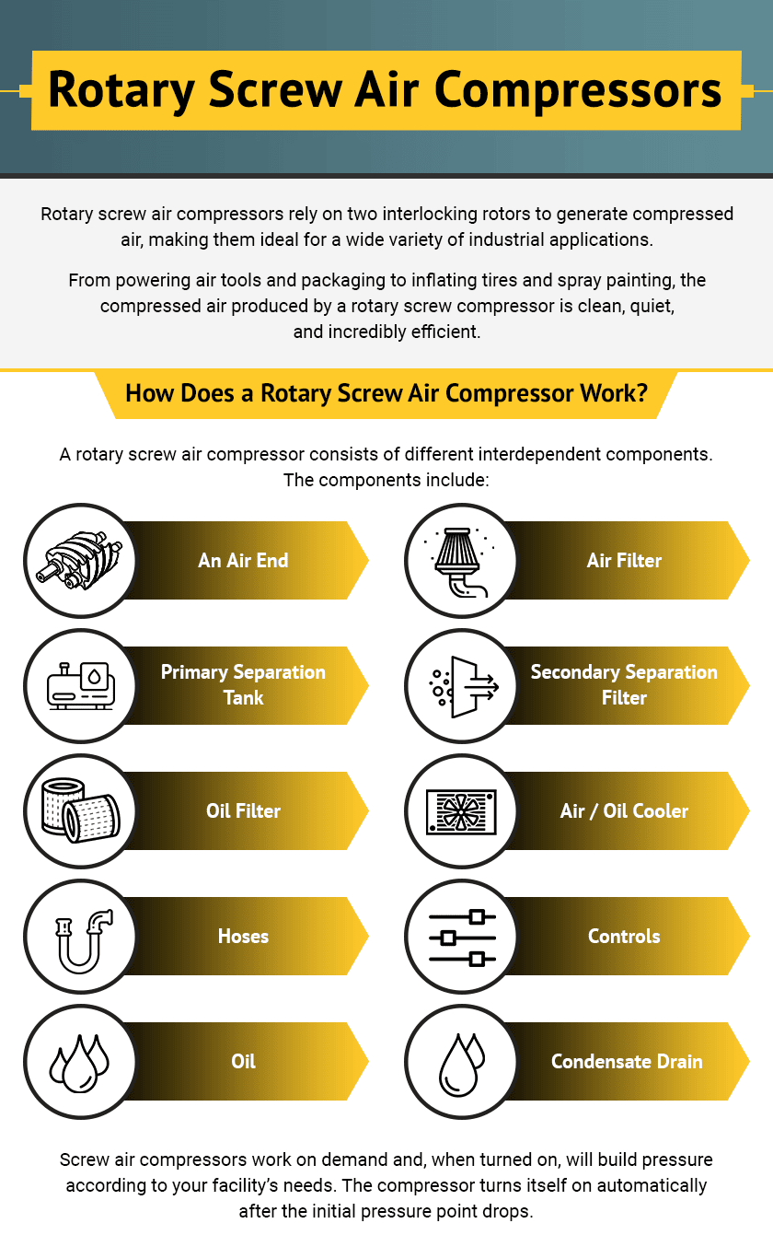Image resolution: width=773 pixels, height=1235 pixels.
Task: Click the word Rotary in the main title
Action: [122, 89]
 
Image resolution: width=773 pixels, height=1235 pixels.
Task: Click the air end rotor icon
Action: [80, 560]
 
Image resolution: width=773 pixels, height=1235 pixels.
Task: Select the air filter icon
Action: [461, 560]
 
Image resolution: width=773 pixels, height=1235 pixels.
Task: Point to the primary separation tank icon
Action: [80, 685]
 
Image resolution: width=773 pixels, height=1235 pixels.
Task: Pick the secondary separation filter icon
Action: [461, 685]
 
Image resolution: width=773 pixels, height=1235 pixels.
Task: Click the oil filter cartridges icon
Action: [80, 810]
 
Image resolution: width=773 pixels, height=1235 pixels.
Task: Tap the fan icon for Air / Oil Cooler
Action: [461, 810]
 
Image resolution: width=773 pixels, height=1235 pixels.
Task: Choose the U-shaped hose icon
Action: [80, 936]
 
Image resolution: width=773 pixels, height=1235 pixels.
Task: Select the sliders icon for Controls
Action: [461, 936]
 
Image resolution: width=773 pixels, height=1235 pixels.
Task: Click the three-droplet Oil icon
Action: [80, 1061]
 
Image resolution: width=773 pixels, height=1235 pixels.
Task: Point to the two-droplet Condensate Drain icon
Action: [461, 1061]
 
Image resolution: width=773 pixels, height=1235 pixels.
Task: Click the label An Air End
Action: [243, 560]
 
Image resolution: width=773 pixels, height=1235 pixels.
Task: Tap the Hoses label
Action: [243, 936]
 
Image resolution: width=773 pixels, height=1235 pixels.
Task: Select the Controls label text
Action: [624, 936]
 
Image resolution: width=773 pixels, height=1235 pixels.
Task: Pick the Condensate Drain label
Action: [627, 1061]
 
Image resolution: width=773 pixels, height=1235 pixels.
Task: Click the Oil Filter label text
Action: [243, 810]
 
